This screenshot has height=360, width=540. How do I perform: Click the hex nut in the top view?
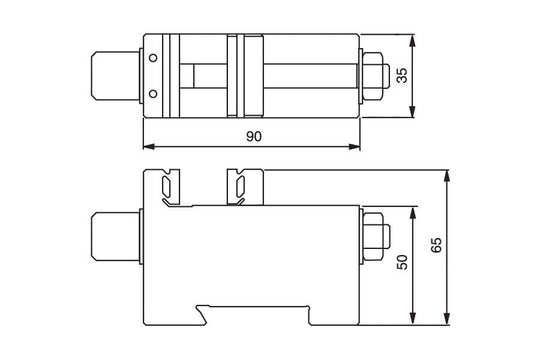[374, 76]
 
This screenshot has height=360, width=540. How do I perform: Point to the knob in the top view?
[114, 76]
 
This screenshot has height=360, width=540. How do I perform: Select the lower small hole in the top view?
[153, 93]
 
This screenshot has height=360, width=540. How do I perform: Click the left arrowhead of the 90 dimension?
[148, 146]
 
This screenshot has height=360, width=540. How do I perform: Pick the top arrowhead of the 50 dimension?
[413, 210]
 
